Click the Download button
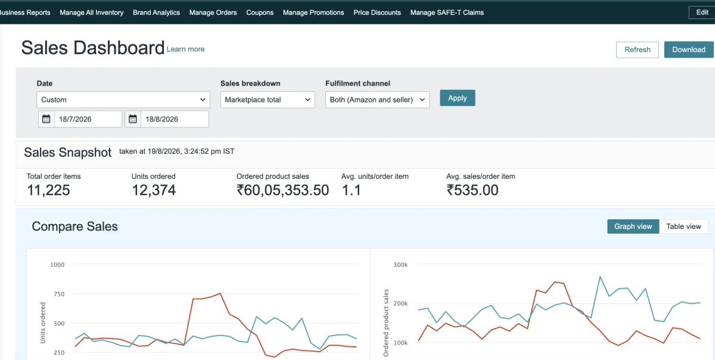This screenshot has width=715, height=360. point(689,49)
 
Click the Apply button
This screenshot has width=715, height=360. point(458,98)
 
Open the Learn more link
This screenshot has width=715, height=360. point(185,49)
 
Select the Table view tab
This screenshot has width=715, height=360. point(683,226)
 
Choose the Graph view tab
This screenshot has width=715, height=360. point(633,226)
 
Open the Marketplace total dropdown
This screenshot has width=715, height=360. point(268,100)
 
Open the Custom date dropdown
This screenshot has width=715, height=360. point(123,100)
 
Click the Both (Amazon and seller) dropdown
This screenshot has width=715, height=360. point(377,100)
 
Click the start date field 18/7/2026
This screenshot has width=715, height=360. point(88,119)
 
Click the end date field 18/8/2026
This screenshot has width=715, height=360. point(175,119)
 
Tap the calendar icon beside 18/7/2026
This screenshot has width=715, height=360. point(46,119)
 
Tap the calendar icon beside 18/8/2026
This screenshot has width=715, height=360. point(133,119)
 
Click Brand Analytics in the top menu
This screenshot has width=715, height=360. point(156,13)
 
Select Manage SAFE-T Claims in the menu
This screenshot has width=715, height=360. point(447,13)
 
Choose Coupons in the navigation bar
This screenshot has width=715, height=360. point(260,13)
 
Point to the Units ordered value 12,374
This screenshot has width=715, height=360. point(154,190)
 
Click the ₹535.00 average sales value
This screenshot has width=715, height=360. point(472,190)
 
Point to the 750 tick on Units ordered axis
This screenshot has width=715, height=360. point(59,294)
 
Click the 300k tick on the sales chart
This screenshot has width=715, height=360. point(400,265)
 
